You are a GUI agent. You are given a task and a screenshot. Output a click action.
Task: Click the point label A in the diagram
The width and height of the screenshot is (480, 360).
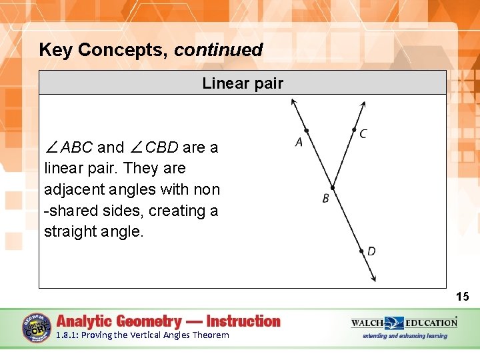299,142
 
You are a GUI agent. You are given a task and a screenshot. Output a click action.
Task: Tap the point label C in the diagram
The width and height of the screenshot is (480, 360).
363,134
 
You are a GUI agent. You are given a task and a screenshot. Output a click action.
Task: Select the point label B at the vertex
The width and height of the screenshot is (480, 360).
325,199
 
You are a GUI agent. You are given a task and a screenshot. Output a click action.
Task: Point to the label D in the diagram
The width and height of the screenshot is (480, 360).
371,251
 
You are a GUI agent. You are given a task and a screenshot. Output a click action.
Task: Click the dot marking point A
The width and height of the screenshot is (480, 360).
306,131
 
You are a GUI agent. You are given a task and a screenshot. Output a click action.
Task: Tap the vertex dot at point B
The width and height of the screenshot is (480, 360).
333,189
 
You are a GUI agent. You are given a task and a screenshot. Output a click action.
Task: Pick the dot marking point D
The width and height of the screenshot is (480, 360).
362,251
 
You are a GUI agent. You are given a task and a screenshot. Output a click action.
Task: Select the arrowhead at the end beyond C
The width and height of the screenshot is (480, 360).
363,104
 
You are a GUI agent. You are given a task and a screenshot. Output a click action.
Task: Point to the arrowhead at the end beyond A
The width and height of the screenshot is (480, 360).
293,103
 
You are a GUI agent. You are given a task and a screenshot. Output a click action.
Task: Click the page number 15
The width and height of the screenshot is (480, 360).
463,297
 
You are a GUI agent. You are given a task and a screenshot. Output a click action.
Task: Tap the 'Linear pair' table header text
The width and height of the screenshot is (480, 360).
243,83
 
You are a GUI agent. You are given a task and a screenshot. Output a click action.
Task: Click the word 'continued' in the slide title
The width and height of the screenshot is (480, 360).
219,50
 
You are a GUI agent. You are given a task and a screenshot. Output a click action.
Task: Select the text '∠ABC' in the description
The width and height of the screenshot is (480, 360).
68,147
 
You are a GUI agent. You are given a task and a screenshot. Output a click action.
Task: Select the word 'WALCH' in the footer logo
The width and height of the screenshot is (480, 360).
367,323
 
